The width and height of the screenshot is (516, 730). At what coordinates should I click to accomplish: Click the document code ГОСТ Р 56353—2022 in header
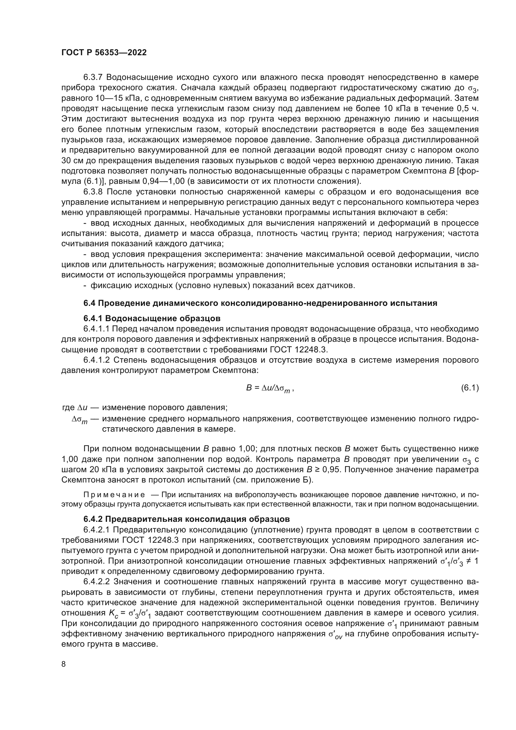tap(104, 53)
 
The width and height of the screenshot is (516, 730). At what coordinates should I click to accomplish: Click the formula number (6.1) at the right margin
tap(470, 388)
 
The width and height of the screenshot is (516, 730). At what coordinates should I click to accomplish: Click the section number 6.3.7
tap(94, 77)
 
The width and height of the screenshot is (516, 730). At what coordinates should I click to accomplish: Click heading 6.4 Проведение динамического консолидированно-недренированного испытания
tap(260, 303)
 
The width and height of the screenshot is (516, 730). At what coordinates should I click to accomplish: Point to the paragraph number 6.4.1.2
tap(97, 360)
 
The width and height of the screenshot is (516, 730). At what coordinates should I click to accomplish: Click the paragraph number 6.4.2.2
tap(97, 582)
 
